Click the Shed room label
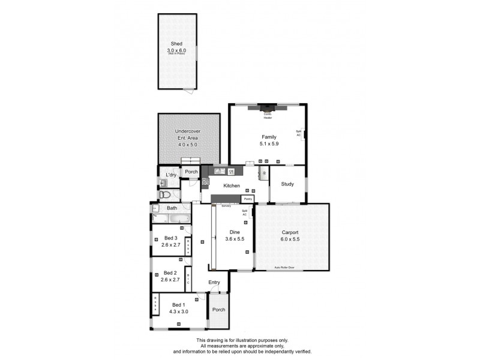(x=176, y=44)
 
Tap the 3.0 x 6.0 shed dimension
(x=176, y=50)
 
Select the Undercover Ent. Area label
(x=187, y=134)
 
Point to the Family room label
(x=268, y=137)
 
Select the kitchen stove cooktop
(x=206, y=181)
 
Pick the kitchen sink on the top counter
(x=219, y=172)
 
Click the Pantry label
(x=247, y=198)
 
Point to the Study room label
(x=287, y=184)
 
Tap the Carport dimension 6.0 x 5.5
(x=290, y=239)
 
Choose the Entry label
(x=214, y=282)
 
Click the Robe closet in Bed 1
(x=155, y=305)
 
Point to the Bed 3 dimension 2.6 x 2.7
(x=171, y=245)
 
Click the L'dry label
(x=170, y=175)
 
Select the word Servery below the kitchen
(x=226, y=206)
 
